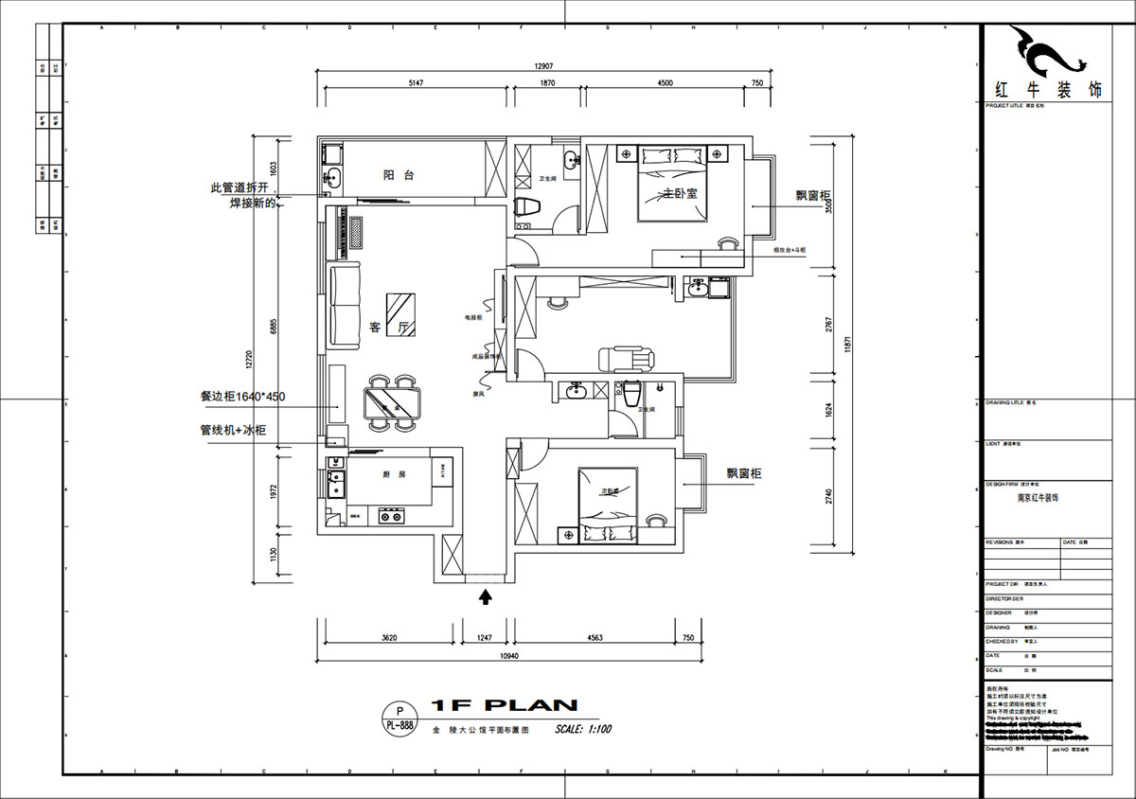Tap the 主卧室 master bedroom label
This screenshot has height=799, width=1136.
(x=680, y=193)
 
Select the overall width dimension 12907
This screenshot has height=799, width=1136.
(x=542, y=66)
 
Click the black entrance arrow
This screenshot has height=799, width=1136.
(x=487, y=595)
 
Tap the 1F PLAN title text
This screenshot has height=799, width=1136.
(x=504, y=705)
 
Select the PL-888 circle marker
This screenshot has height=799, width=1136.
(x=399, y=719)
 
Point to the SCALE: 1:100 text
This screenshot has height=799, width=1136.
(x=583, y=729)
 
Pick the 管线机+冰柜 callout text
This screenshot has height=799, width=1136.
(x=233, y=430)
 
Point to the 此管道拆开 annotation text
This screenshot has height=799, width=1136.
(x=241, y=187)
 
